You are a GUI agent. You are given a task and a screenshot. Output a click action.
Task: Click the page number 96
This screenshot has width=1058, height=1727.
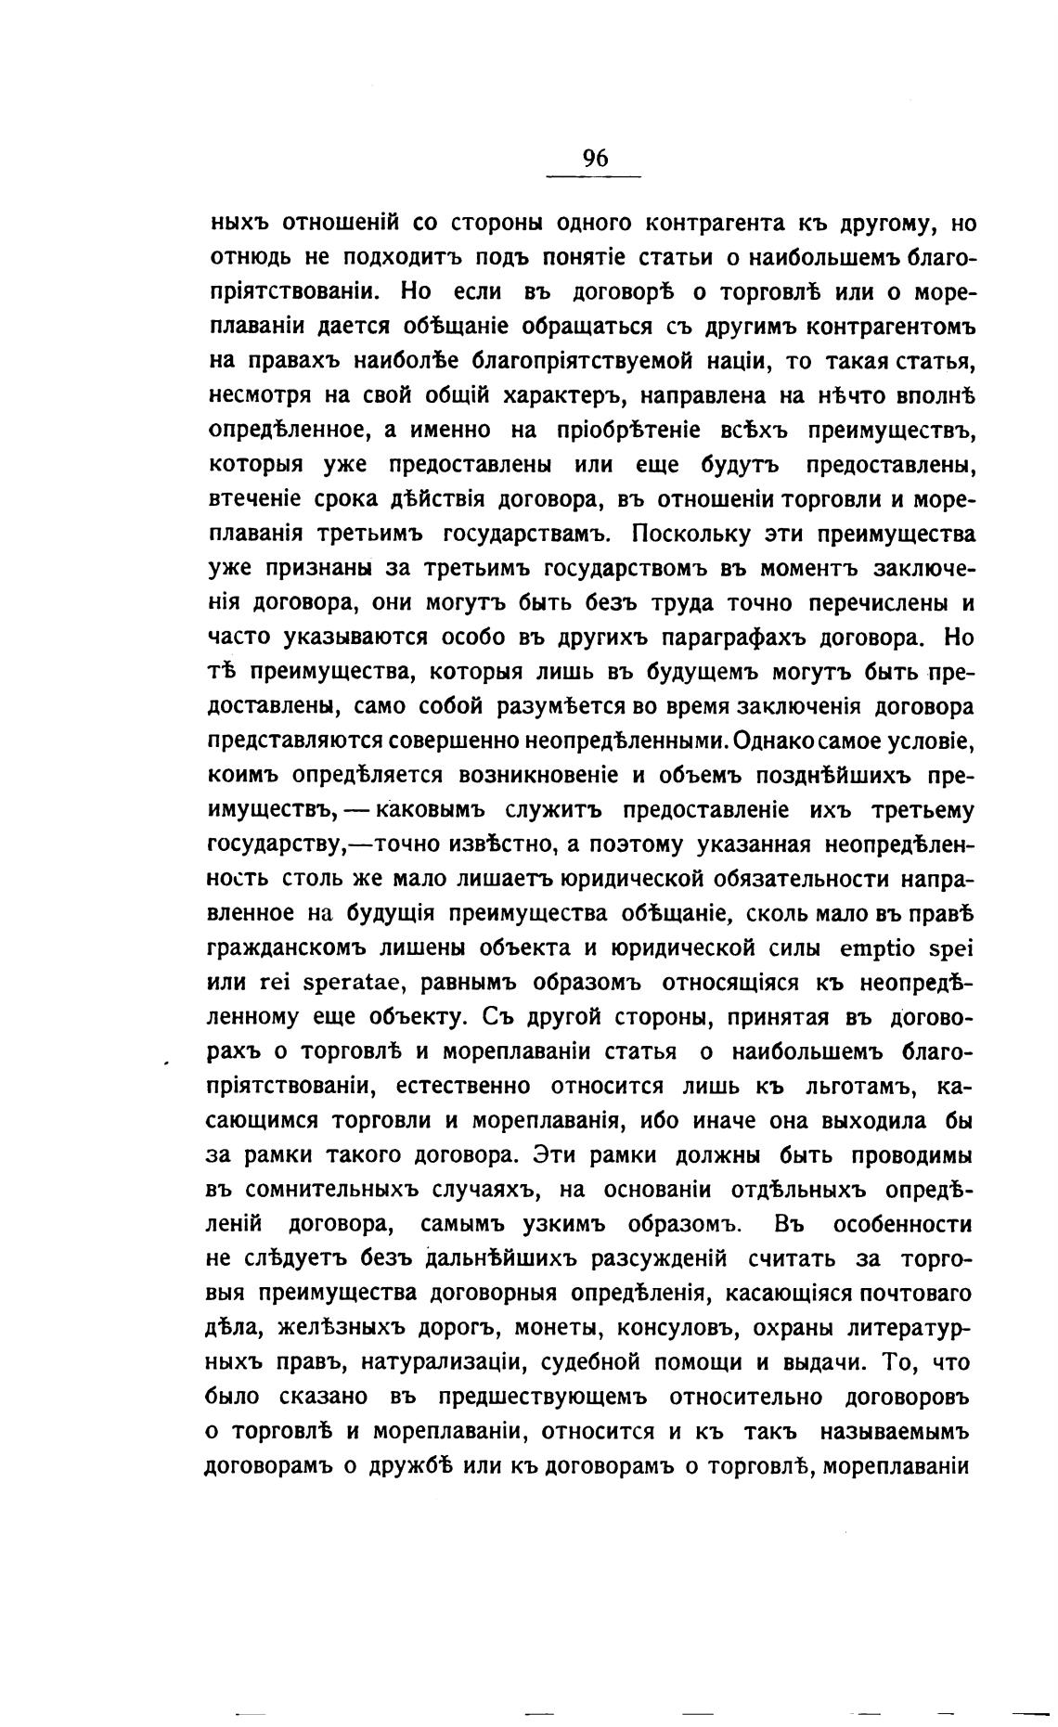click(595, 158)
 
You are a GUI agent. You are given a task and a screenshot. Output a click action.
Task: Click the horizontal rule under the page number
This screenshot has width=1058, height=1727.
click(595, 177)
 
